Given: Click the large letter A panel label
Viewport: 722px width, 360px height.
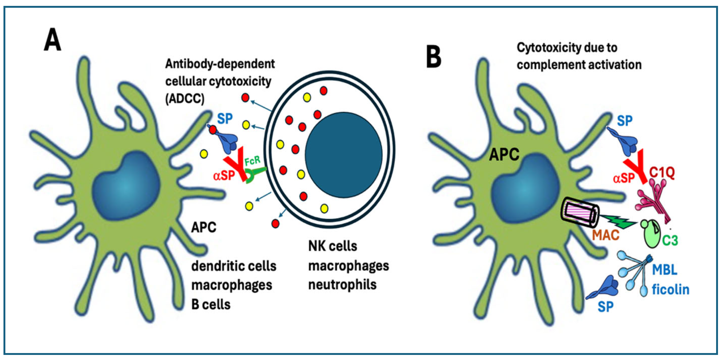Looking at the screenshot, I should [52, 40].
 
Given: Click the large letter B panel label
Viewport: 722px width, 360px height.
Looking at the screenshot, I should [433, 57].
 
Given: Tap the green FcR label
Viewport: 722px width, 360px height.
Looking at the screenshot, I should [252, 161].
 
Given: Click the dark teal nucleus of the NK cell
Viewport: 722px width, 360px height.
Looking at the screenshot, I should [343, 155].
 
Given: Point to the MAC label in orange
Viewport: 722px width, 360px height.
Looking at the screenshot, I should [606, 235].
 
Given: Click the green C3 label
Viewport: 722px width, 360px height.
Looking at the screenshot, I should [670, 240].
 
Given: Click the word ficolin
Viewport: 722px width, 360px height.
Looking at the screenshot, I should [670, 290].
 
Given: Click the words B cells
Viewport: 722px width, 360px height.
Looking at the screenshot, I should [211, 305].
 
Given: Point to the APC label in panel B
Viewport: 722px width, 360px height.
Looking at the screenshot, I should [504, 155].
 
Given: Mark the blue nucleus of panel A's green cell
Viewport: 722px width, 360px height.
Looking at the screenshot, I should [126, 185].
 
